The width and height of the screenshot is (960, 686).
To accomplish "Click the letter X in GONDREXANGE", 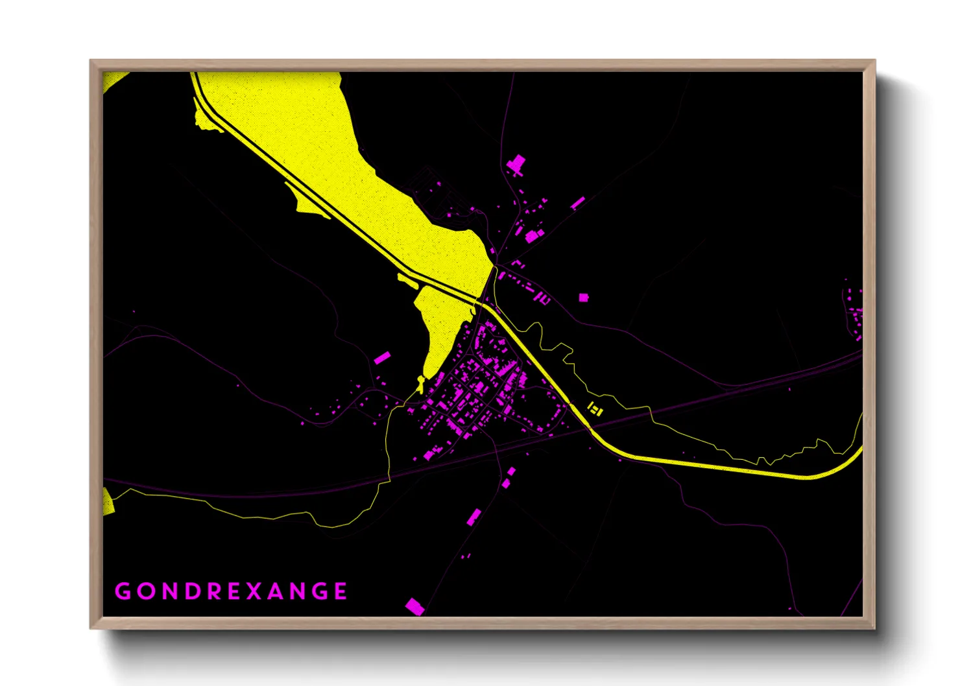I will [x=253, y=591].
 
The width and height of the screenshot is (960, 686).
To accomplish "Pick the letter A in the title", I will [x=276, y=591].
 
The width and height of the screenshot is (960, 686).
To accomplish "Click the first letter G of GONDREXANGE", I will [x=123, y=591].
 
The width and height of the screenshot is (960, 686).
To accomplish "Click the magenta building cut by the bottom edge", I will [x=414, y=607].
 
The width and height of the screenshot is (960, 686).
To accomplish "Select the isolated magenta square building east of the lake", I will [x=583, y=297].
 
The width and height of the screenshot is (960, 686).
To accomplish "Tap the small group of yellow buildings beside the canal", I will [x=595, y=408].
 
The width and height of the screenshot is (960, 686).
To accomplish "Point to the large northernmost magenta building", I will [x=516, y=164].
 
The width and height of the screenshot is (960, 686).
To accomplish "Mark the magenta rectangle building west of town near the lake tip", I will [x=382, y=358].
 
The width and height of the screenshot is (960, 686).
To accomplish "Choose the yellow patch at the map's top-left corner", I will [x=113, y=80].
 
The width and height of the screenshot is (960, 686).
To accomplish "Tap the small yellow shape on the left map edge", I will [x=108, y=501].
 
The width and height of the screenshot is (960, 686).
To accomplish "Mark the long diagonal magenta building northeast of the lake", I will [x=577, y=203].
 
